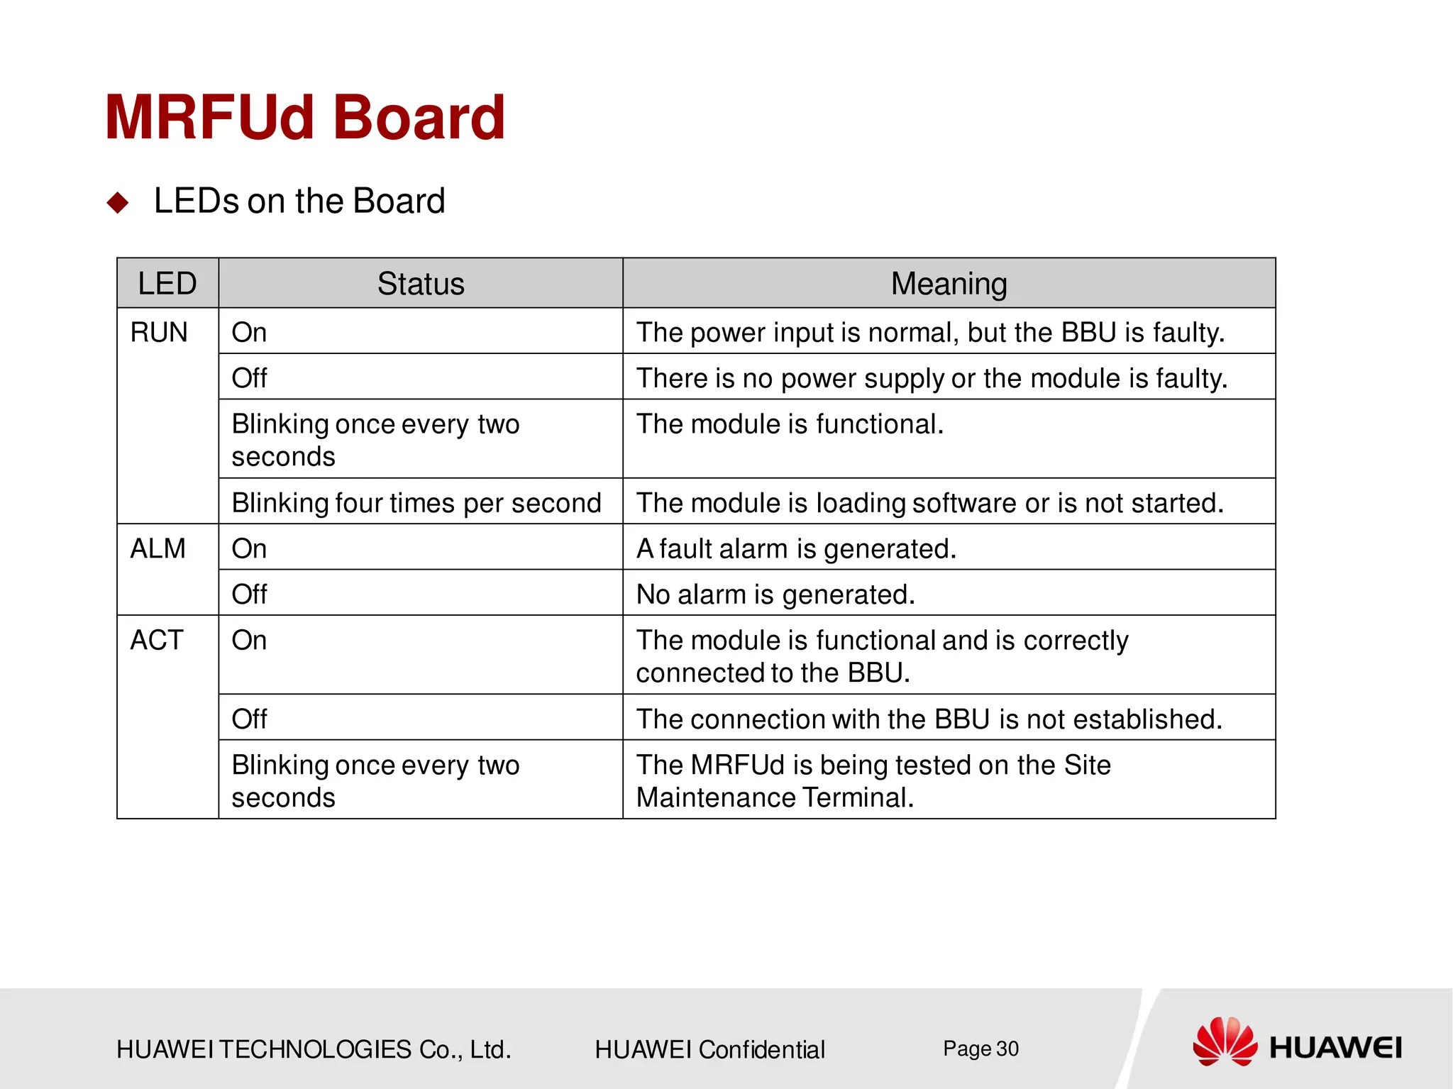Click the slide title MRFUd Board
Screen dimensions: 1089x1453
(x=305, y=118)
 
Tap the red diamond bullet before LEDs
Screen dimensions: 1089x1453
(x=118, y=203)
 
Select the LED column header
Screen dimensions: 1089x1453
(x=167, y=284)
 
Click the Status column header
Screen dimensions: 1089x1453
(x=420, y=284)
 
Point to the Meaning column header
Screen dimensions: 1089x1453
(x=949, y=284)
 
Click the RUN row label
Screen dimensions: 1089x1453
(x=159, y=333)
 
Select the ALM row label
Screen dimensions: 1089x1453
(x=158, y=549)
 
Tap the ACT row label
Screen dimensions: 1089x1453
(x=157, y=641)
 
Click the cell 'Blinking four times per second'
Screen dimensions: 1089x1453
(x=416, y=503)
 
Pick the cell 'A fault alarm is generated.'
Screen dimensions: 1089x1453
(x=796, y=549)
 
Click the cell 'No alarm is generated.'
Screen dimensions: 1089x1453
(x=775, y=595)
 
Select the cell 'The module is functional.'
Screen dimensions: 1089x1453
(x=790, y=424)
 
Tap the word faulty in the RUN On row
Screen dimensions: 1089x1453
(x=1188, y=333)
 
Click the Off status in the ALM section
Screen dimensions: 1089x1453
(x=249, y=595)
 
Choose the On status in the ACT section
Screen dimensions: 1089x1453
(x=249, y=641)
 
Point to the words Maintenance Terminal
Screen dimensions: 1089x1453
(x=775, y=798)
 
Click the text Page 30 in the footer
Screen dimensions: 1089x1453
(x=980, y=1049)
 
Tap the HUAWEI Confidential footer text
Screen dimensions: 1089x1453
(x=709, y=1049)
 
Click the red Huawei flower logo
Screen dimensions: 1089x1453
(x=1225, y=1041)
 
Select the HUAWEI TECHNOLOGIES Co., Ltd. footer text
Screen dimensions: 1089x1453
(x=314, y=1049)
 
